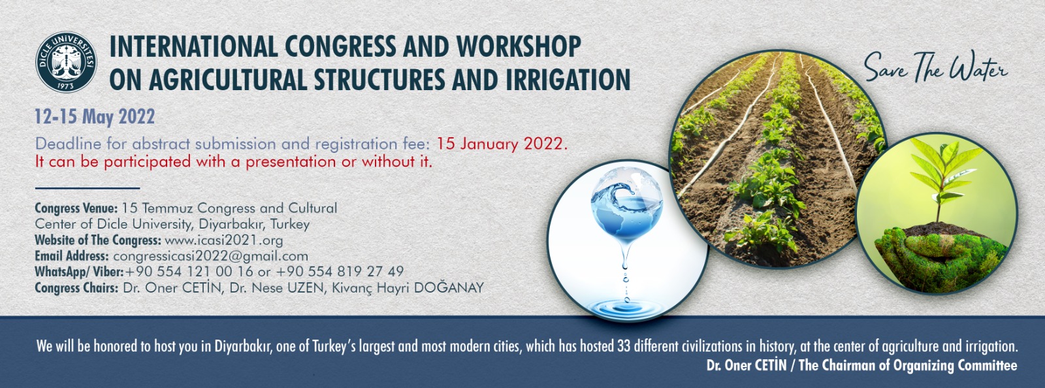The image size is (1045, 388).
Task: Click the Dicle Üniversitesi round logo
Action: [x=66, y=62]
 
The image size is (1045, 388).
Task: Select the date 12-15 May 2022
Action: [x=95, y=116]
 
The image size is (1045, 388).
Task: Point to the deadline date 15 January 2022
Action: [x=502, y=144]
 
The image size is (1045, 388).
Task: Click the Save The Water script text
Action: [x=935, y=69]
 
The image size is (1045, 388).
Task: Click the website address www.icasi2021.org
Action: [x=224, y=240]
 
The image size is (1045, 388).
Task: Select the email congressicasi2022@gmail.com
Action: [x=210, y=256]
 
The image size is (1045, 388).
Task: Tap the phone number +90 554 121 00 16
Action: [x=189, y=272]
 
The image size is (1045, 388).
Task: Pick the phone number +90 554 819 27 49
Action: [x=340, y=272]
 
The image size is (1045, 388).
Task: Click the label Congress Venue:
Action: [x=76, y=208]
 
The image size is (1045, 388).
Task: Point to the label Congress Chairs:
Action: [x=76, y=288]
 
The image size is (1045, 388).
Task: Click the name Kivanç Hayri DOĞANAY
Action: [x=408, y=288]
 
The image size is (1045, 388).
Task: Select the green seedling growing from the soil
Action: [x=940, y=178]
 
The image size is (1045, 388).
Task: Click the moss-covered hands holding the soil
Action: [x=938, y=257]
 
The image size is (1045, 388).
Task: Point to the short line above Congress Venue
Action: [x=88, y=188]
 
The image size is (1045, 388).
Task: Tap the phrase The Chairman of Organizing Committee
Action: [x=907, y=365]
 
